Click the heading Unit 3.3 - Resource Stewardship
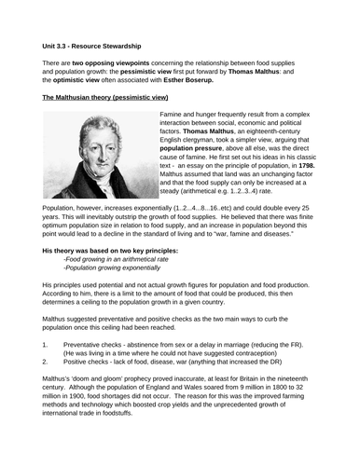[x=97, y=44]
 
